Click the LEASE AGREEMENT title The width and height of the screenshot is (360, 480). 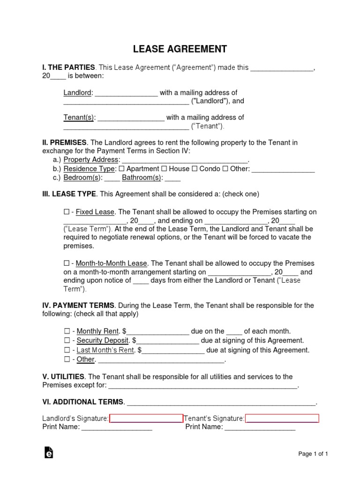180,49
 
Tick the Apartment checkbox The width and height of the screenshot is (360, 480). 122,169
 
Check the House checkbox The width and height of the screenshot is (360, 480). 164,169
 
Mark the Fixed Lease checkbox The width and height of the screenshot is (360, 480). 66,212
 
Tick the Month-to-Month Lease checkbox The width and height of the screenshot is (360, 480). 66,263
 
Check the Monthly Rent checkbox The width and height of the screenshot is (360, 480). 66,331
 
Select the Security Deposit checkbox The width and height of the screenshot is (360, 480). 66,341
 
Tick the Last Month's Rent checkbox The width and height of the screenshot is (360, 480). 66,350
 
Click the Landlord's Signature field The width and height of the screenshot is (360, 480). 146,419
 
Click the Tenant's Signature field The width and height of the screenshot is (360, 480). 282,419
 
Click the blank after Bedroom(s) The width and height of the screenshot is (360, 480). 112,178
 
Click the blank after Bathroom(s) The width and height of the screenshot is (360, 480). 172,178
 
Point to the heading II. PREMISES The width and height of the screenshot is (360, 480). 64,142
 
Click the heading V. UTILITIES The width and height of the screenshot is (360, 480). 63,377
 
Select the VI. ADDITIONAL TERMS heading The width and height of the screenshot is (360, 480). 83,402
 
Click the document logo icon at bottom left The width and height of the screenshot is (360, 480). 48,452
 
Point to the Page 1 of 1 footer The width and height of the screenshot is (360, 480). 313,454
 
